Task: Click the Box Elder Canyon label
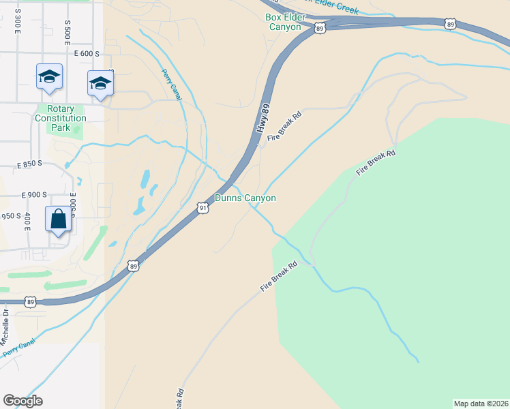(284, 22)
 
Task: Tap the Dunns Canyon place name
(245, 198)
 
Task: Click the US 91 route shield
(202, 208)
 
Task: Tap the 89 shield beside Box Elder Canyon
(320, 27)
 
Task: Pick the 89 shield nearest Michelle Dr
(30, 301)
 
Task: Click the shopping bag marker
(59, 219)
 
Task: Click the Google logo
(22, 401)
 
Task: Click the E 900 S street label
(34, 195)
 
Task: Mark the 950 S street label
(11, 216)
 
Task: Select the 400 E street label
(27, 221)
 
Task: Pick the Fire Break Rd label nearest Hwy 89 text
(284, 127)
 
